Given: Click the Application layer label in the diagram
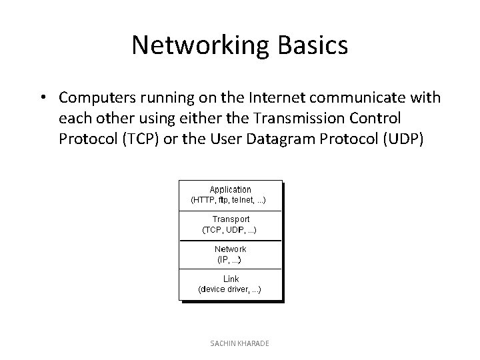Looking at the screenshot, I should tap(230, 189).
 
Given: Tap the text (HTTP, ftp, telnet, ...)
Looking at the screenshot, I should tap(229, 199).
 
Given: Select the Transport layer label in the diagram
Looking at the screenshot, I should tap(231, 219).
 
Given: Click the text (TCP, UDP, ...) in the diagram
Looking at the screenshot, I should tap(230, 229).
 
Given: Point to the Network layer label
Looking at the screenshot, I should tap(230, 249).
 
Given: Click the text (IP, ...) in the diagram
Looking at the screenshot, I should tap(230, 259).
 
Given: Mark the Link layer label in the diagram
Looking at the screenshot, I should tap(231, 279).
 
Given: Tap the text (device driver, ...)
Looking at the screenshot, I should tap(230, 289).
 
